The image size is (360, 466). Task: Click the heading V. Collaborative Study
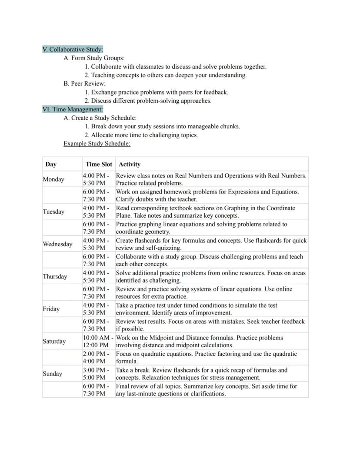pos(73,49)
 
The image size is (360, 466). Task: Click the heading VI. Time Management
pos(73,109)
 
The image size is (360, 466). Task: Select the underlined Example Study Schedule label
pos(97,143)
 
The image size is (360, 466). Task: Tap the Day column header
pos(51,164)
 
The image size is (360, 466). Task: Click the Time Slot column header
pos(99,164)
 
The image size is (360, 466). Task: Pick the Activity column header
pos(130,164)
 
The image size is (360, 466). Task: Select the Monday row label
pos(53,179)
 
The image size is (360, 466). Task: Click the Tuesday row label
pos(53,212)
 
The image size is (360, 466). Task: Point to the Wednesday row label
pos(57,244)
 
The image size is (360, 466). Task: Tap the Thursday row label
pos(55,277)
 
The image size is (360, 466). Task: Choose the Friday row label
pos(51,309)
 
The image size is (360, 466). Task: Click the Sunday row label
pos(52,374)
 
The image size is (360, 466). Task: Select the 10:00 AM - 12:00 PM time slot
pos(98,341)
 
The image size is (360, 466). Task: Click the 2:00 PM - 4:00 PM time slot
pos(96,357)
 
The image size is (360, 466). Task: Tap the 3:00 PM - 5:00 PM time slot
pos(96,374)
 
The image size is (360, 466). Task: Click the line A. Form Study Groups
pos(94,58)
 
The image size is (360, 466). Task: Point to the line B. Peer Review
pos(85,84)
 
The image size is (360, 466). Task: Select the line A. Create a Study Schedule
pos(100,118)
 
